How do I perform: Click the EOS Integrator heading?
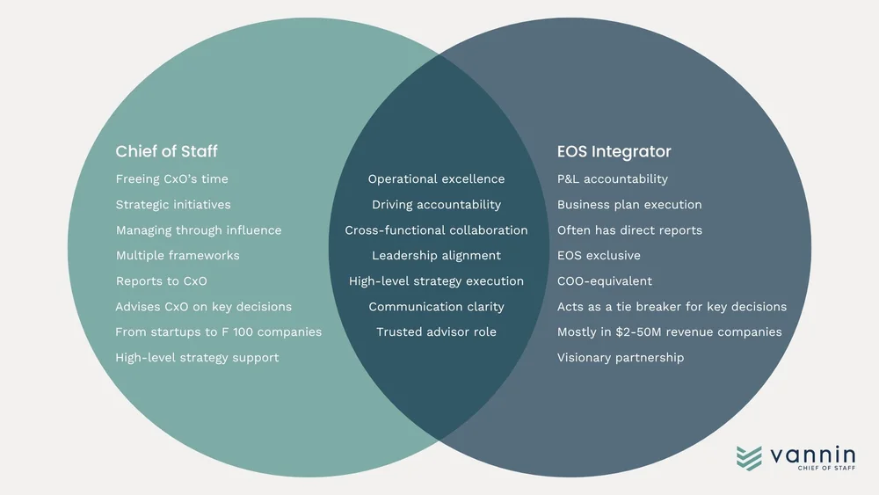614,151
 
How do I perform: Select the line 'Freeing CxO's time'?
171,179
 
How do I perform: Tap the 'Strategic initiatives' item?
173,205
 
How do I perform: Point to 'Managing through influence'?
199,230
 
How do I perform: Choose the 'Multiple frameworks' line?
178,256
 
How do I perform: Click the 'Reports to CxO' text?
162,281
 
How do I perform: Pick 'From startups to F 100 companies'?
219,332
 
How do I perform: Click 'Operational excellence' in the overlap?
436,179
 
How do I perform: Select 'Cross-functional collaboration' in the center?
436,230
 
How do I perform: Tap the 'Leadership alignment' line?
436,256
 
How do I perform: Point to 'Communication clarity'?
436,307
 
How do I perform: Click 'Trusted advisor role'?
436,332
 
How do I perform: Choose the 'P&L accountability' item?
613,179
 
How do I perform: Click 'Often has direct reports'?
629,230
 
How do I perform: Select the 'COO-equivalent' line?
605,281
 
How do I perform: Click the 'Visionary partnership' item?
621,358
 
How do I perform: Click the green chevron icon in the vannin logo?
749,458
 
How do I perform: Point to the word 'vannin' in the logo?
812,454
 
